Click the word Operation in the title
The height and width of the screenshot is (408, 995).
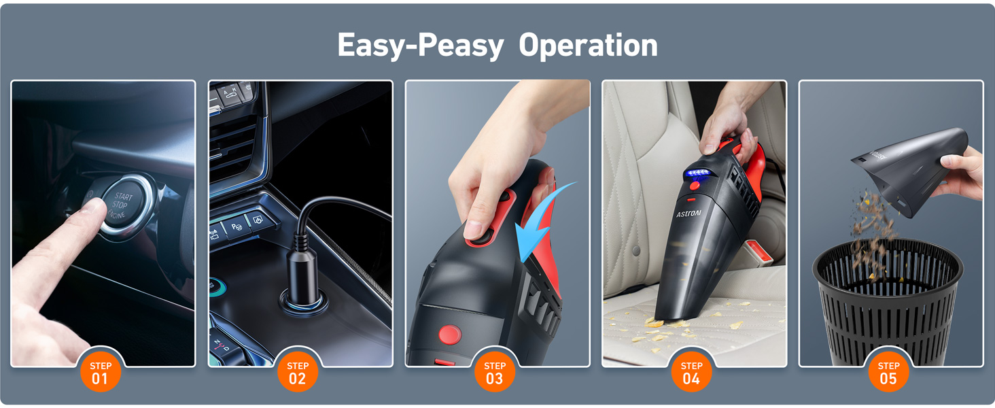588,46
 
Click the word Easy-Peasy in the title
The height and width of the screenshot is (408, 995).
420,46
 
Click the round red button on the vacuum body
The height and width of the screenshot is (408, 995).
449,334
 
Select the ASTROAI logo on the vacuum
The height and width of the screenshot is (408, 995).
688,214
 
